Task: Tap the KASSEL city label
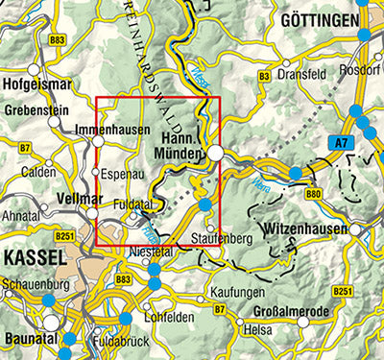tap(34, 258)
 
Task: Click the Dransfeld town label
tap(302, 73)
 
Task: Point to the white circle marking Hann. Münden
tap(218, 153)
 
